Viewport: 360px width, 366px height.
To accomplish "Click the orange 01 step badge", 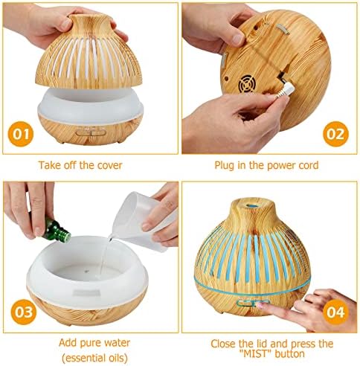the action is pyautogui.click(x=21, y=134).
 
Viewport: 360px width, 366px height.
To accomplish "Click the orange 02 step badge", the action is pyautogui.click(x=335, y=134).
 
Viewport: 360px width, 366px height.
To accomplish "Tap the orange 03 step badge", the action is pyautogui.click(x=24, y=312).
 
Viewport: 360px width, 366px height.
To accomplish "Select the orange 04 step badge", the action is pyautogui.click(x=335, y=312).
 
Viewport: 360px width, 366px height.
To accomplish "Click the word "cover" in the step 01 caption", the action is pyautogui.click(x=109, y=165).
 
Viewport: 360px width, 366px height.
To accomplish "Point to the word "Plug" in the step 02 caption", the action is pyautogui.click(x=224, y=166).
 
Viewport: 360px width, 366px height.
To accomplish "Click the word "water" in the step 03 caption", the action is pyautogui.click(x=117, y=343).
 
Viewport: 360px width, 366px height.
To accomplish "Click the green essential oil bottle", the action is pyautogui.click(x=57, y=231).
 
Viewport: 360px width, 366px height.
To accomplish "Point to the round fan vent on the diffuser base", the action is pyautogui.click(x=247, y=84).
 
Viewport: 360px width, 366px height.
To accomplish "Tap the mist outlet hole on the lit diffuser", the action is pyautogui.click(x=252, y=205).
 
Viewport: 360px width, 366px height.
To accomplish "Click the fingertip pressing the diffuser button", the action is pyautogui.click(x=260, y=305).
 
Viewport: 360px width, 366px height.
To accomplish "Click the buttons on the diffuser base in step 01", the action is pyautogui.click(x=91, y=133).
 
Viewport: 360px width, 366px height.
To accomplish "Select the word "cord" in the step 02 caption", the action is pyautogui.click(x=309, y=165).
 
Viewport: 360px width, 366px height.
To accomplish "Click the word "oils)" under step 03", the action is pyautogui.click(x=116, y=358).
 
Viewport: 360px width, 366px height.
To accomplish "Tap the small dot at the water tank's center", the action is pyautogui.click(x=86, y=271).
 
